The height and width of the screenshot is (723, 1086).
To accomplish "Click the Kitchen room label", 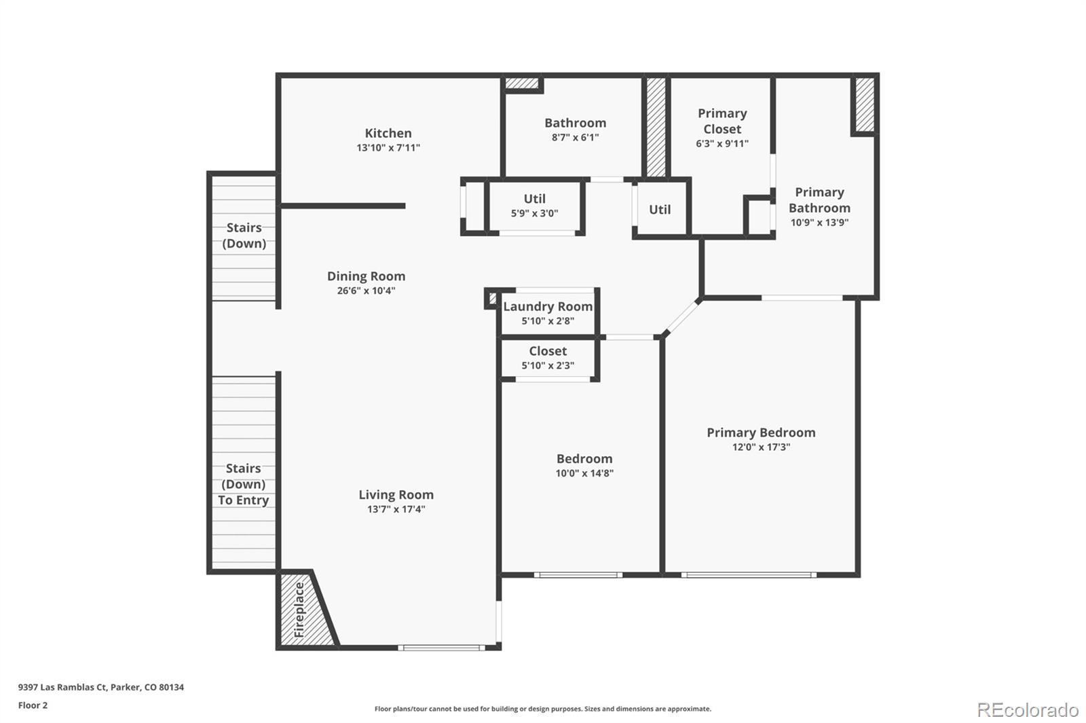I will (388, 133).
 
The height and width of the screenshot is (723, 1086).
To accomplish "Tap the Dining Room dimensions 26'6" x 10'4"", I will (366, 291).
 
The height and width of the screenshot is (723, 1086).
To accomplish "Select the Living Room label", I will (396, 495).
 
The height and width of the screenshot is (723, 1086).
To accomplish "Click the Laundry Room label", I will (548, 307).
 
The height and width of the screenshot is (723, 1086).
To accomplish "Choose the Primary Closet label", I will (722, 121).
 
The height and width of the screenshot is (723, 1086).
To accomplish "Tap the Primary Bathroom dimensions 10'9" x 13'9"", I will (819, 223).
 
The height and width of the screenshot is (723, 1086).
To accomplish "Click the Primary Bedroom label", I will (761, 432).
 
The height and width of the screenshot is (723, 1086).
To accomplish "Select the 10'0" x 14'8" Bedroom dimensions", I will (584, 473).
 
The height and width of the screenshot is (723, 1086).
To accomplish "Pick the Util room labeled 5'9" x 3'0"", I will (534, 205).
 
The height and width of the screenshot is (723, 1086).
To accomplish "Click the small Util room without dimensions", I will (660, 210).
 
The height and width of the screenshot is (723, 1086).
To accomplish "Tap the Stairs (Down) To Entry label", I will (243, 484).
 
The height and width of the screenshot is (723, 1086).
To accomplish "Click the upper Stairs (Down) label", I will (244, 235).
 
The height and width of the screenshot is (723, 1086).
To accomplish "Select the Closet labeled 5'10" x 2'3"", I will (548, 358).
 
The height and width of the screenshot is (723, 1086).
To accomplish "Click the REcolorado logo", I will (1027, 710).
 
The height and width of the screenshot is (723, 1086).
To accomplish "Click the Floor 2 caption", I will (33, 705).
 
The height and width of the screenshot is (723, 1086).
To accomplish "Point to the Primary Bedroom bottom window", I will (749, 575).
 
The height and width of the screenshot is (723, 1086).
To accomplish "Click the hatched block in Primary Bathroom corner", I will (864, 105).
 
